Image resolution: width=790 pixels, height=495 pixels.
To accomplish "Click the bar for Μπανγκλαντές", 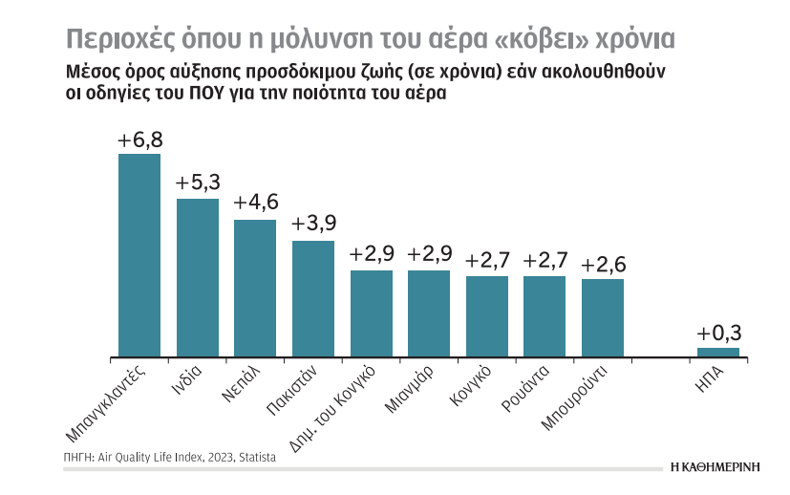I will click(x=139, y=255).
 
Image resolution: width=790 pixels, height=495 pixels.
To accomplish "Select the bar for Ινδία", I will click(x=197, y=277).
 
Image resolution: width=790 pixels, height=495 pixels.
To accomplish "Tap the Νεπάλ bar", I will click(x=255, y=289).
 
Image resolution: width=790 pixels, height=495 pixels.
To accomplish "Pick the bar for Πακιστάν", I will click(x=313, y=299).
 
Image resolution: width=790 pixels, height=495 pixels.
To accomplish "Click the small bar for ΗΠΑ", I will click(x=717, y=353).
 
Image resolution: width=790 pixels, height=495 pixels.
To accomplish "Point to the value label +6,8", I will click(x=139, y=140).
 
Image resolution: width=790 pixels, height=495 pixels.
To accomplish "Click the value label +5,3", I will click(x=197, y=183).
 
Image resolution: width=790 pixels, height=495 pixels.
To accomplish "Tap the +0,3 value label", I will click(x=718, y=334).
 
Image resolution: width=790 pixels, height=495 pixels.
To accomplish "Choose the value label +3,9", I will click(x=313, y=226).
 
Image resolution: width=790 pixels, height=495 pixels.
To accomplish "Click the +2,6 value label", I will click(x=603, y=264).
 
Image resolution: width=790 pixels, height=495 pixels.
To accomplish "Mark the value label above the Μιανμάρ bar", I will click(x=429, y=255).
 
